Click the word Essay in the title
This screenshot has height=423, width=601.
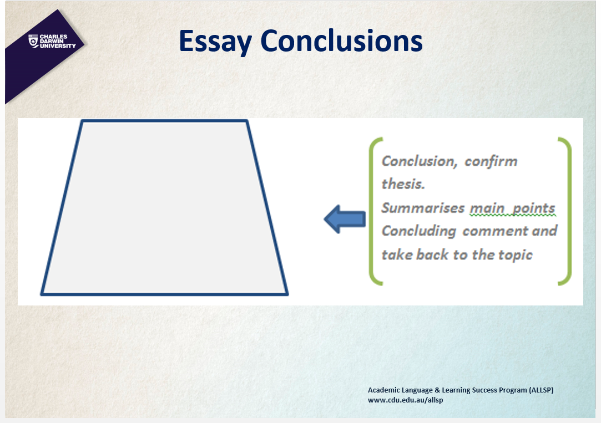click(x=215, y=42)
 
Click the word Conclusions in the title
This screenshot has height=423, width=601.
click(x=341, y=40)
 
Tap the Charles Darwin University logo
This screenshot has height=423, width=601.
click(x=52, y=42)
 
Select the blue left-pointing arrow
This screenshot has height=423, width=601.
click(x=345, y=219)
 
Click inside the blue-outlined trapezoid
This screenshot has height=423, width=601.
click(x=164, y=208)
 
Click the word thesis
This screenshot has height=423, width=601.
click(x=403, y=184)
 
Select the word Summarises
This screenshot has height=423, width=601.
click(x=423, y=208)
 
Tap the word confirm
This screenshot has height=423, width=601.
click(x=491, y=161)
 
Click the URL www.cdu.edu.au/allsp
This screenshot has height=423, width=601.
click(x=406, y=400)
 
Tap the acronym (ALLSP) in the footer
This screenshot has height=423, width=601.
click(x=541, y=390)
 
